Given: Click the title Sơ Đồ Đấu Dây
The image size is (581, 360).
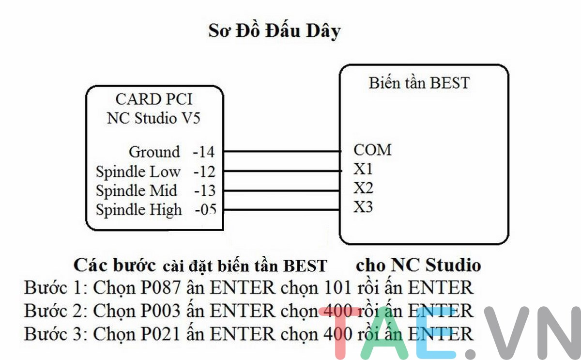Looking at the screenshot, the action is click(275, 31).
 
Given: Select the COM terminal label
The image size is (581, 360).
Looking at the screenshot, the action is click(372, 150).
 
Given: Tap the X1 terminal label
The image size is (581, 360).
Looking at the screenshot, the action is click(364, 170).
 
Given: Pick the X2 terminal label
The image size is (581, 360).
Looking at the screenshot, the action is click(364, 188).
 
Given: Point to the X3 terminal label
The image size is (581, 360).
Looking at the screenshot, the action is click(364, 207).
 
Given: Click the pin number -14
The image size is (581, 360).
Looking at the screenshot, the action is click(203, 152).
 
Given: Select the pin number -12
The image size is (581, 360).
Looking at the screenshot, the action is click(204, 172).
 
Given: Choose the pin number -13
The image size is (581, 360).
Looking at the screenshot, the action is click(204, 190).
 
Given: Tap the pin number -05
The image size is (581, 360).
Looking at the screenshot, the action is click(205, 210).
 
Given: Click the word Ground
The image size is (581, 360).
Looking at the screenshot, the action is click(154, 152).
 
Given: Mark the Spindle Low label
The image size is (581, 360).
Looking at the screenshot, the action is click(138, 172).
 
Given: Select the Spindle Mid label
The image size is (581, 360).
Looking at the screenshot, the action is click(137, 190).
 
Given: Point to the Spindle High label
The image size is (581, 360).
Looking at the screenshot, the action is click(139, 210).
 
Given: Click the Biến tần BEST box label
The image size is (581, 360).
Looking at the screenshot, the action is click(419, 83).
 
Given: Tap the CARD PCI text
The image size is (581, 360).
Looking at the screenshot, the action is click(153, 99).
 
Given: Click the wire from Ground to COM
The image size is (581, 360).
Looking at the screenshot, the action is click(281, 152).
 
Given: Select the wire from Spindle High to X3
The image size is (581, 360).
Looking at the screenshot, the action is click(281, 209).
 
